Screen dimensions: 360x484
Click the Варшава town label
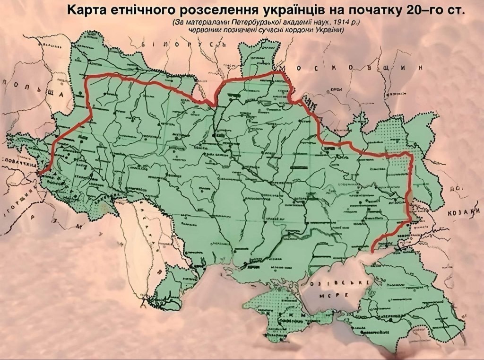click(48, 46)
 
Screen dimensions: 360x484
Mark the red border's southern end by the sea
click(373, 250)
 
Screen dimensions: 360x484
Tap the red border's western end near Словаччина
click(39, 174)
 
